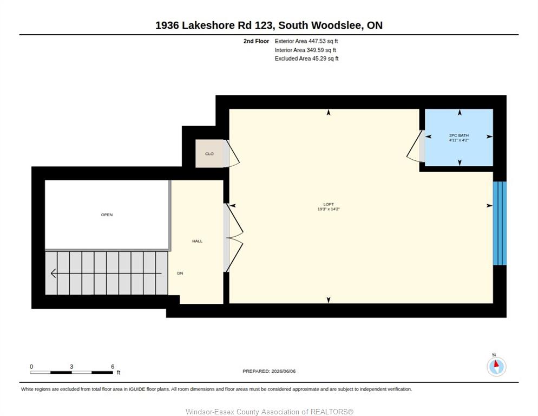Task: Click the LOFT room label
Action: (329, 204)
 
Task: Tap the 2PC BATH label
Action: (459, 135)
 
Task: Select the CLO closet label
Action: (209, 154)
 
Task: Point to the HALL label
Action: (198, 241)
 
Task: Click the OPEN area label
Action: (107, 214)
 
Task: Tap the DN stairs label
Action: (180, 273)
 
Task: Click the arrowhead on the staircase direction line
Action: (54, 274)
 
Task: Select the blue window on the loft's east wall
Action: (500, 223)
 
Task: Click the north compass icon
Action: (496, 366)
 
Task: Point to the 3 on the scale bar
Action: (71, 367)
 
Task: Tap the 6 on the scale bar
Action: (113, 367)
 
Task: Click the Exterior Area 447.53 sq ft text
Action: (306, 41)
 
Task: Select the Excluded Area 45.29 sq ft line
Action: (306, 58)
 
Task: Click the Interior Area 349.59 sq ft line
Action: (305, 50)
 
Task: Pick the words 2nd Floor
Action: (257, 41)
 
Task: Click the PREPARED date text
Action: (269, 372)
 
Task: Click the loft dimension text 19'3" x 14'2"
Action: (329, 209)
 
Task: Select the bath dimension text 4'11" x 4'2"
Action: (459, 140)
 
